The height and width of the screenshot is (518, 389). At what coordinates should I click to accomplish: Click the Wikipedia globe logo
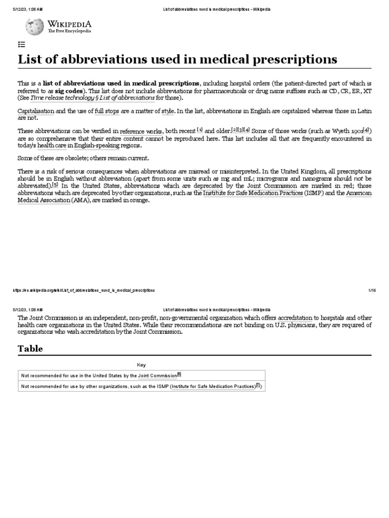pyautogui.click(x=34, y=26)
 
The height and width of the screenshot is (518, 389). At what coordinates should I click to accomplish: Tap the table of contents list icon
pyautogui.click(x=22, y=45)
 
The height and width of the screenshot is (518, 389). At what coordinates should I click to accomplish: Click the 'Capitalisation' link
pyautogui.click(x=35, y=110)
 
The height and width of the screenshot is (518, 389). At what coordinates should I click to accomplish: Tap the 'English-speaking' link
pyautogui.click(x=97, y=145)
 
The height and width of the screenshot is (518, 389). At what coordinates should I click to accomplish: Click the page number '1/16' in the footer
pyautogui.click(x=372, y=290)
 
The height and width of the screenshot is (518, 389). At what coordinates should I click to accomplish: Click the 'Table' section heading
pyautogui.click(x=30, y=349)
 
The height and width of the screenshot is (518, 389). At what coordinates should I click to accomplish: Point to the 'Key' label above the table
pyautogui.click(x=141, y=364)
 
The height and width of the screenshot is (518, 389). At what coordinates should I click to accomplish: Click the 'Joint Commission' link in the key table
pyautogui.click(x=157, y=375)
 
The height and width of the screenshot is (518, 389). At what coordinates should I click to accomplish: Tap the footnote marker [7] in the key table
pyautogui.click(x=258, y=385)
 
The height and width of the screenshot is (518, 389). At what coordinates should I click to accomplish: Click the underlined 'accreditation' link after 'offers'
pyautogui.click(x=295, y=318)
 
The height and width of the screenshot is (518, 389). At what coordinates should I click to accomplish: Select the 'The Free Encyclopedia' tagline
pyautogui.click(x=69, y=31)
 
